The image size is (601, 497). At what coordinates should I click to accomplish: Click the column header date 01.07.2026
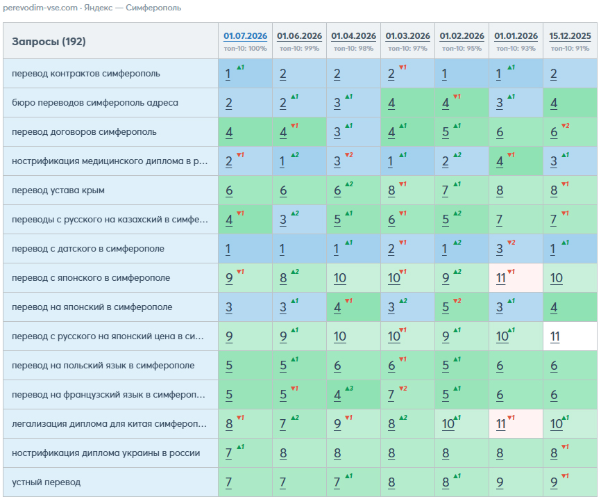(245, 36)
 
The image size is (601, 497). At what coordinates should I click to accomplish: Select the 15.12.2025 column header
(570, 36)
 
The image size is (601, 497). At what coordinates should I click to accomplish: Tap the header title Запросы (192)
(49, 42)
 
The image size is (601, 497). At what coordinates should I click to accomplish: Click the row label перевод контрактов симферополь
(86, 73)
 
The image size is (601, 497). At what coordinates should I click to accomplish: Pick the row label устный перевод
(46, 482)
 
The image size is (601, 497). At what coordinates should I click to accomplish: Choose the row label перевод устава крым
(58, 190)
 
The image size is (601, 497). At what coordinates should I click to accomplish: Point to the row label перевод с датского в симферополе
(88, 248)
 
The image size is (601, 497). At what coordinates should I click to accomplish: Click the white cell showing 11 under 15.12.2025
(570, 336)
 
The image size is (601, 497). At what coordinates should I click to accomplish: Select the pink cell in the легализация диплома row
(516, 424)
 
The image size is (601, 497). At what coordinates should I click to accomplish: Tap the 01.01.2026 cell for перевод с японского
(516, 278)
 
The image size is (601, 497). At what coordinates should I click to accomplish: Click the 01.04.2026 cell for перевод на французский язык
(353, 395)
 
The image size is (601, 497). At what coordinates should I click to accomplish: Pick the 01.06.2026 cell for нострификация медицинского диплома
(299, 161)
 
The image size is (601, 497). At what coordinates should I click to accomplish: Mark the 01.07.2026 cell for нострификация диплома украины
(245, 453)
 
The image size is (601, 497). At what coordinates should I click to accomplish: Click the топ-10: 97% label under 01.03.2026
(408, 49)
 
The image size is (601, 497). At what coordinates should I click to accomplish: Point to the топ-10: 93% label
(516, 49)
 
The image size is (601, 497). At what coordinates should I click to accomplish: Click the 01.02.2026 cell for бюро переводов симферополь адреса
(462, 102)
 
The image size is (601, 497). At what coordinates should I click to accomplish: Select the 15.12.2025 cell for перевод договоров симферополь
(570, 131)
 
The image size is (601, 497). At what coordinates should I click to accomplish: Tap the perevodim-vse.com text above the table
(40, 8)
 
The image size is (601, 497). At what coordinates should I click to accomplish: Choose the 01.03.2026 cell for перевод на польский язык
(408, 366)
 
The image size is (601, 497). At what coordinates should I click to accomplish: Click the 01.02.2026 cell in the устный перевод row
(462, 482)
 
